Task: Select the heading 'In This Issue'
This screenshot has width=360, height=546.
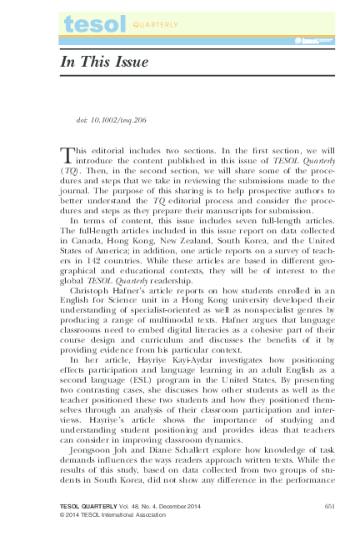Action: (x=103, y=62)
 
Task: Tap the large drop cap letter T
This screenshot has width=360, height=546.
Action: (x=67, y=155)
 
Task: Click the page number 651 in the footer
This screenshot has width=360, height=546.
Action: (x=328, y=507)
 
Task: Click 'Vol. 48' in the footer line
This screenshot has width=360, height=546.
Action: (x=123, y=507)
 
